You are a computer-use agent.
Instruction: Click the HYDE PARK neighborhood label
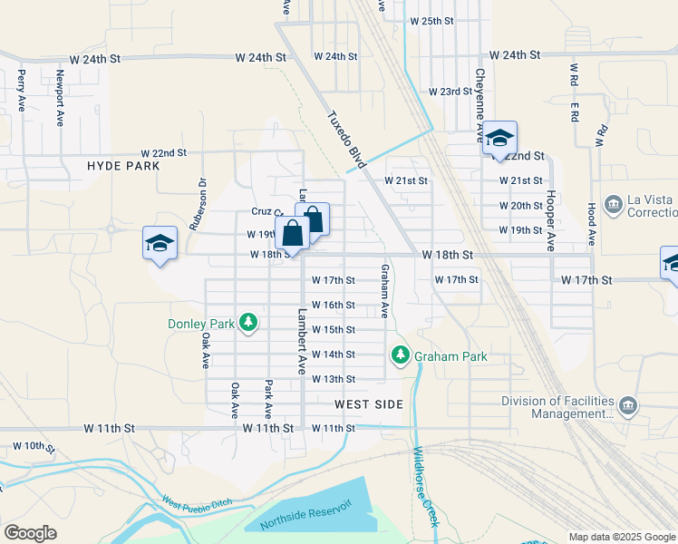pyautogui.click(x=123, y=166)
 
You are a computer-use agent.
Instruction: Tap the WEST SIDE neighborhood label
pyautogui.click(x=368, y=404)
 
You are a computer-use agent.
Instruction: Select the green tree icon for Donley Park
pyautogui.click(x=247, y=323)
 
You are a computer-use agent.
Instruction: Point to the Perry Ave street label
pyautogui.click(x=21, y=91)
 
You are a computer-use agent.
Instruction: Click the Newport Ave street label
pyautogui.click(x=60, y=97)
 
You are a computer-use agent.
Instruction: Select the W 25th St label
pyautogui.click(x=431, y=20)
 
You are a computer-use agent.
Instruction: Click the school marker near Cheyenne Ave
pyautogui.click(x=499, y=139)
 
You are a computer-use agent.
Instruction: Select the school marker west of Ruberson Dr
pyautogui.click(x=160, y=243)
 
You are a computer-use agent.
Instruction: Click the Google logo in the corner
pyautogui.click(x=30, y=533)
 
